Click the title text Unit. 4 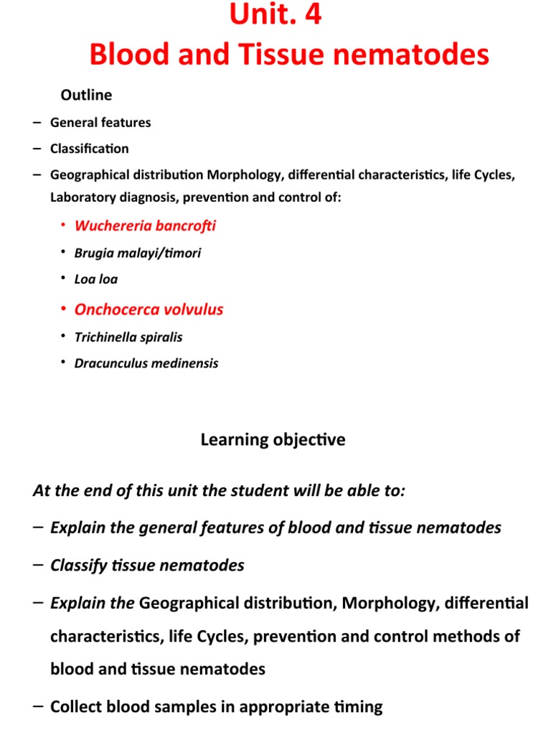275,16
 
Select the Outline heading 86,95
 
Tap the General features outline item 100,122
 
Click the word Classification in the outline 90,149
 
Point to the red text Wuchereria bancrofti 145,226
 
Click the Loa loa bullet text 96,279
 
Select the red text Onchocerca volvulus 149,309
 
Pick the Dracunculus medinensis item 146,363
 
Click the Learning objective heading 273,440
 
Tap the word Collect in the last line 74,706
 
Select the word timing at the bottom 361,706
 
